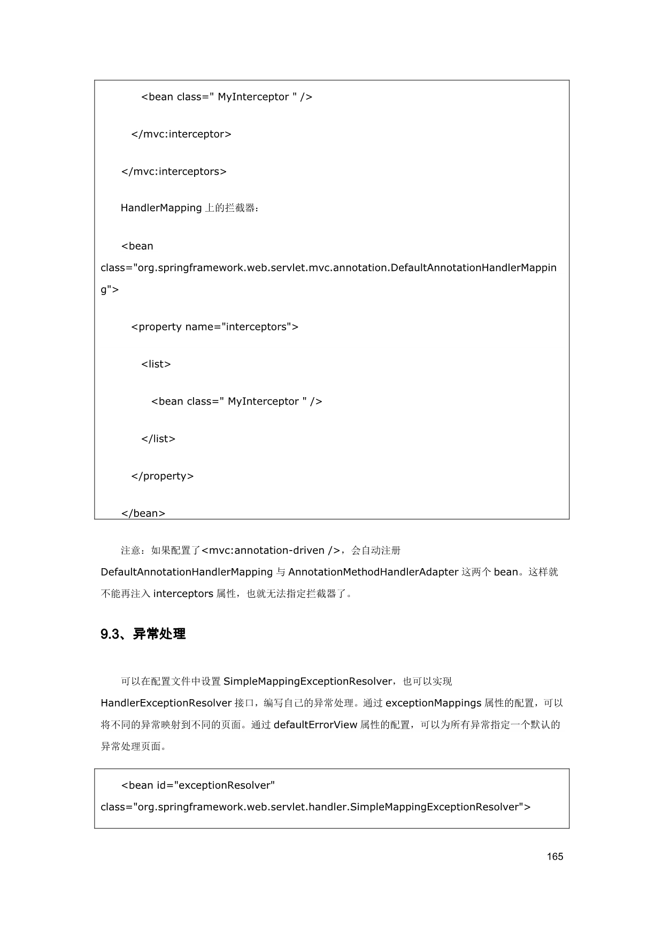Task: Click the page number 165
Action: tap(555, 856)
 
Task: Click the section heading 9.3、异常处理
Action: tap(143, 634)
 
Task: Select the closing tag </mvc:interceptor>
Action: tap(181, 134)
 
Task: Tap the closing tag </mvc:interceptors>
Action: tap(174, 172)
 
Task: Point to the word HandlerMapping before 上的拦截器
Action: tap(161, 208)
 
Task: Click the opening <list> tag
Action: tap(156, 364)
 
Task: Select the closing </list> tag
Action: tap(158, 439)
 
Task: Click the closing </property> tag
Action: tap(163, 476)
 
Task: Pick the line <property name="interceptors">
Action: tap(215, 327)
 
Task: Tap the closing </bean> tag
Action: tap(143, 513)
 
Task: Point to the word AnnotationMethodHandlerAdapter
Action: tap(373, 572)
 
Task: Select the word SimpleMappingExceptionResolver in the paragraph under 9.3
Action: tap(307, 682)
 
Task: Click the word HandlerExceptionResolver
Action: tap(166, 703)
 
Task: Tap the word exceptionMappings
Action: tap(433, 703)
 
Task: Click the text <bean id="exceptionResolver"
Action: tap(198, 785)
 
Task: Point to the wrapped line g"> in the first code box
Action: tap(110, 290)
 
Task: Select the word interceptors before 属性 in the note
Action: tap(183, 594)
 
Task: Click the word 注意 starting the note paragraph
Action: tap(130, 551)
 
